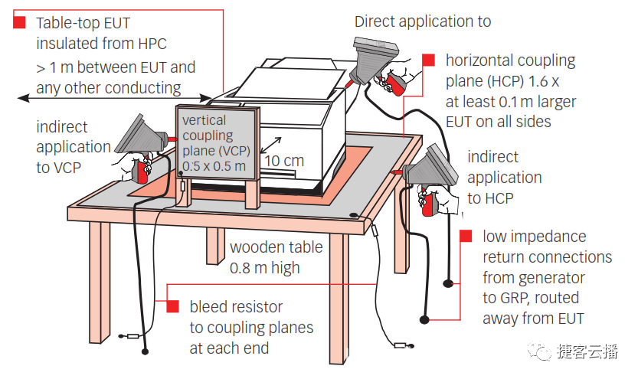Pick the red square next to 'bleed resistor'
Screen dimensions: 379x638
(x=172, y=307)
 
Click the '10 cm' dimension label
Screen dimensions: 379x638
(x=283, y=162)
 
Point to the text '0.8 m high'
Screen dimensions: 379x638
(x=265, y=267)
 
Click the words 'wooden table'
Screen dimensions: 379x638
(x=276, y=247)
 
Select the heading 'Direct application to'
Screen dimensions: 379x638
(x=423, y=21)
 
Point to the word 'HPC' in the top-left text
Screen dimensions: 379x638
(x=150, y=44)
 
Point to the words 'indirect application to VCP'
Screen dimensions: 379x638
(x=74, y=146)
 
